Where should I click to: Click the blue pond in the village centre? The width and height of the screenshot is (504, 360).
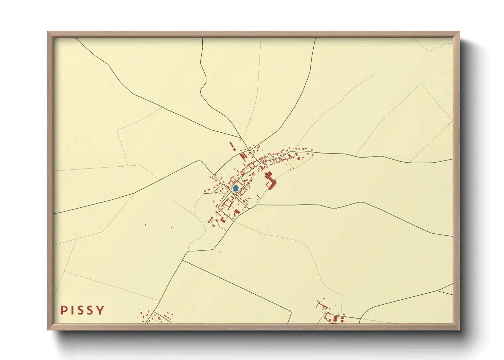[236, 188]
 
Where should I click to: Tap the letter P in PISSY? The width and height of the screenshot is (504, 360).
[64, 310]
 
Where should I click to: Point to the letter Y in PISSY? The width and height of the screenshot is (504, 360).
[100, 310]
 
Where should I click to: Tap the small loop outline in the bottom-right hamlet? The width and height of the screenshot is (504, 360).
[324, 310]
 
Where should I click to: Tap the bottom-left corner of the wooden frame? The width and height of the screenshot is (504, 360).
[48, 329]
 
